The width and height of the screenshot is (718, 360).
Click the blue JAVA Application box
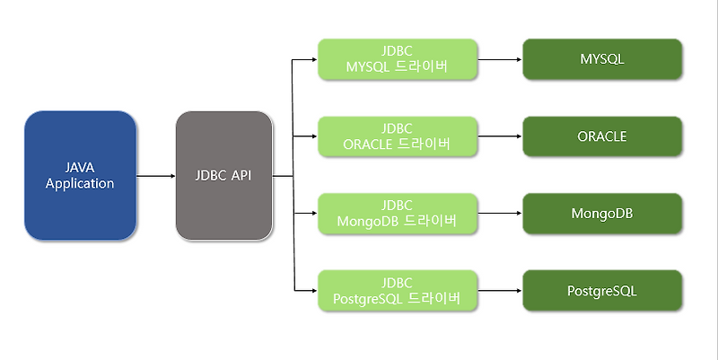pos(80,176)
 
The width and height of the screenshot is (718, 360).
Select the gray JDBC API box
pos(223,176)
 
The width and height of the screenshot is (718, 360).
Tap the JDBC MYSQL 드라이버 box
pos(397,60)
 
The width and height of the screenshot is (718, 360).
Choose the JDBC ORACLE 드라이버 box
pos(397,137)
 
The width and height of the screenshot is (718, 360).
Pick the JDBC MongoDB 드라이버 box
pos(397,214)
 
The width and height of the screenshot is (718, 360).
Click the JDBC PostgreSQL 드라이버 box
pos(397,291)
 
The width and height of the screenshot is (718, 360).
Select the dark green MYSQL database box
pos(602,60)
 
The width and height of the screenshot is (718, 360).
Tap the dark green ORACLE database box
pos(602,137)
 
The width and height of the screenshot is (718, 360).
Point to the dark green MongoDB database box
pos(602,214)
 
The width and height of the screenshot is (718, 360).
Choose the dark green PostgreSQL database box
pos(602,291)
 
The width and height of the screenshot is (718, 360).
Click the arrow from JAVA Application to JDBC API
pos(156,176)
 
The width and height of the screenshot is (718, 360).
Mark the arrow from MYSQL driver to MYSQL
pos(499,60)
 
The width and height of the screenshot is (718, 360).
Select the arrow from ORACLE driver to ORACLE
pos(499,137)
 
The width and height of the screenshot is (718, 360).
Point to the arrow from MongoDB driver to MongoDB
pos(499,214)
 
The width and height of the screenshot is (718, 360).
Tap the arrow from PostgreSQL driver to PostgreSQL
pos(499,291)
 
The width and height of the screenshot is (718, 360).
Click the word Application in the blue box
pos(80,184)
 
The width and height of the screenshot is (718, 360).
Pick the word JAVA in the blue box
pos(80,168)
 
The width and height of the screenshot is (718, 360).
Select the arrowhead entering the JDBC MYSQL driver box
pos(313,60)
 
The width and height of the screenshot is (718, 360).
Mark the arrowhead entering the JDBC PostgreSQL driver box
pos(313,291)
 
